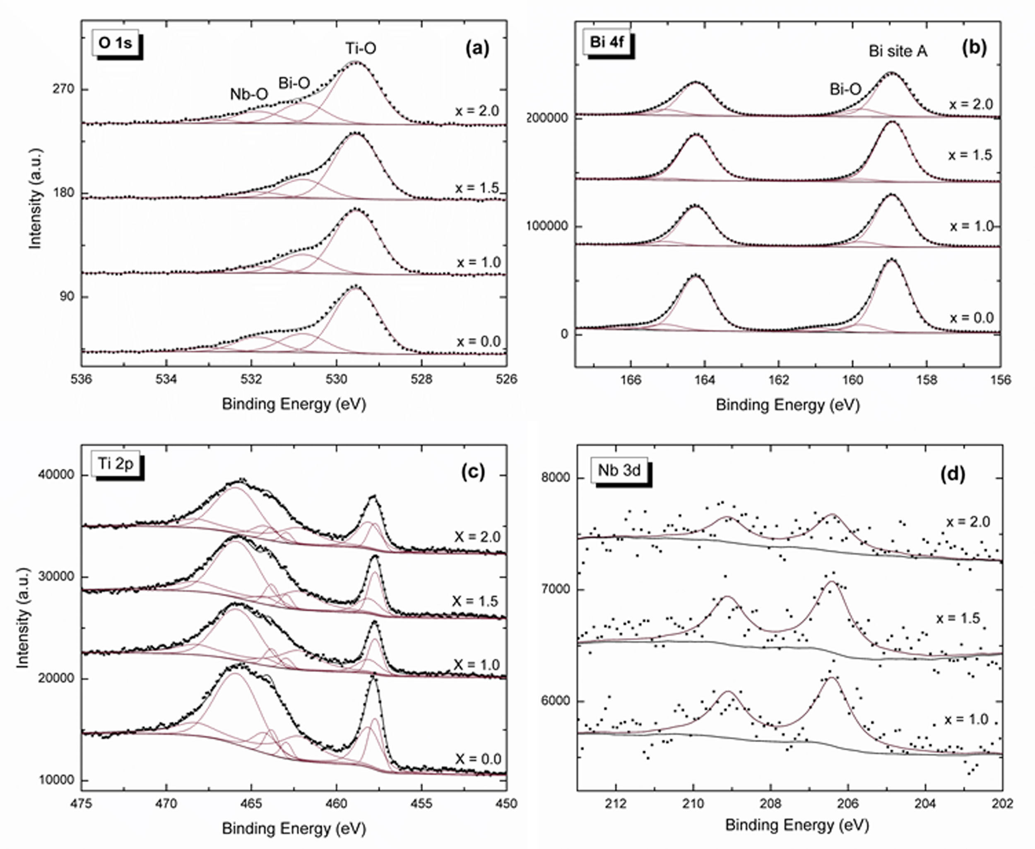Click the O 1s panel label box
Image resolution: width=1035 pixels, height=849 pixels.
[x=116, y=43]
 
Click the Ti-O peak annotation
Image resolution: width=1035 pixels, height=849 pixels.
[x=361, y=48]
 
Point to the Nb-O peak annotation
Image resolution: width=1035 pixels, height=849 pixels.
[x=249, y=94]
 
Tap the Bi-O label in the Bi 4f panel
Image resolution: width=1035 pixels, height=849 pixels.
[x=845, y=89]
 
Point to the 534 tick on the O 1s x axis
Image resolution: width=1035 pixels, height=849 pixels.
[x=166, y=379]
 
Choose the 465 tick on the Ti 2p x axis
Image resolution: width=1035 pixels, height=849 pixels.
[x=251, y=803]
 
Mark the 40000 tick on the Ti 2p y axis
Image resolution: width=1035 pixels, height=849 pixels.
[x=57, y=475]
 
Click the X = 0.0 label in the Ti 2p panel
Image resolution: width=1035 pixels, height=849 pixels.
[x=478, y=759]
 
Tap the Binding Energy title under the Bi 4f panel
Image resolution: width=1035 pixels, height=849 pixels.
[x=787, y=405]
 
